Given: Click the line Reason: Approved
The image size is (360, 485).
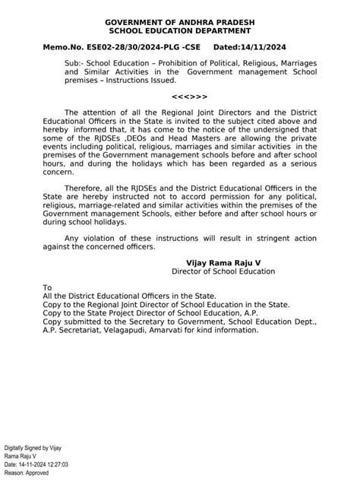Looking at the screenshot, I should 27,472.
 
